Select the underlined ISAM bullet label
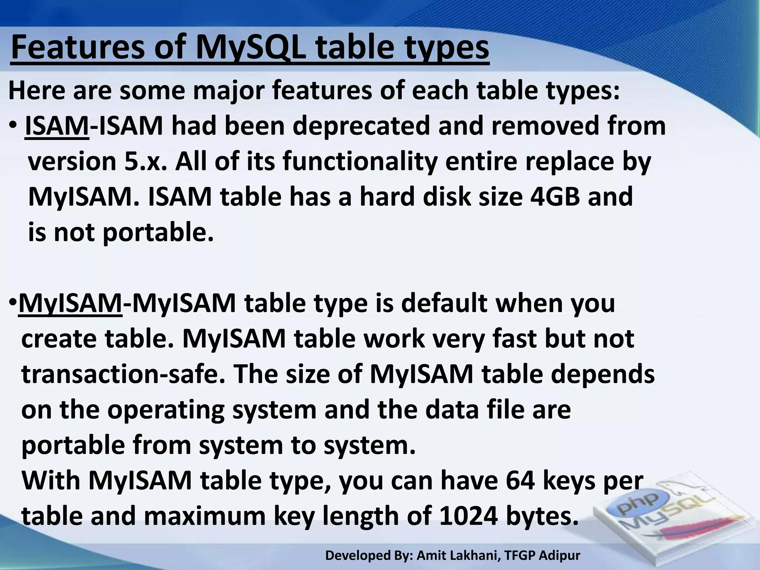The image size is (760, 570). [57, 126]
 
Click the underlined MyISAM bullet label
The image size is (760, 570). [70, 303]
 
